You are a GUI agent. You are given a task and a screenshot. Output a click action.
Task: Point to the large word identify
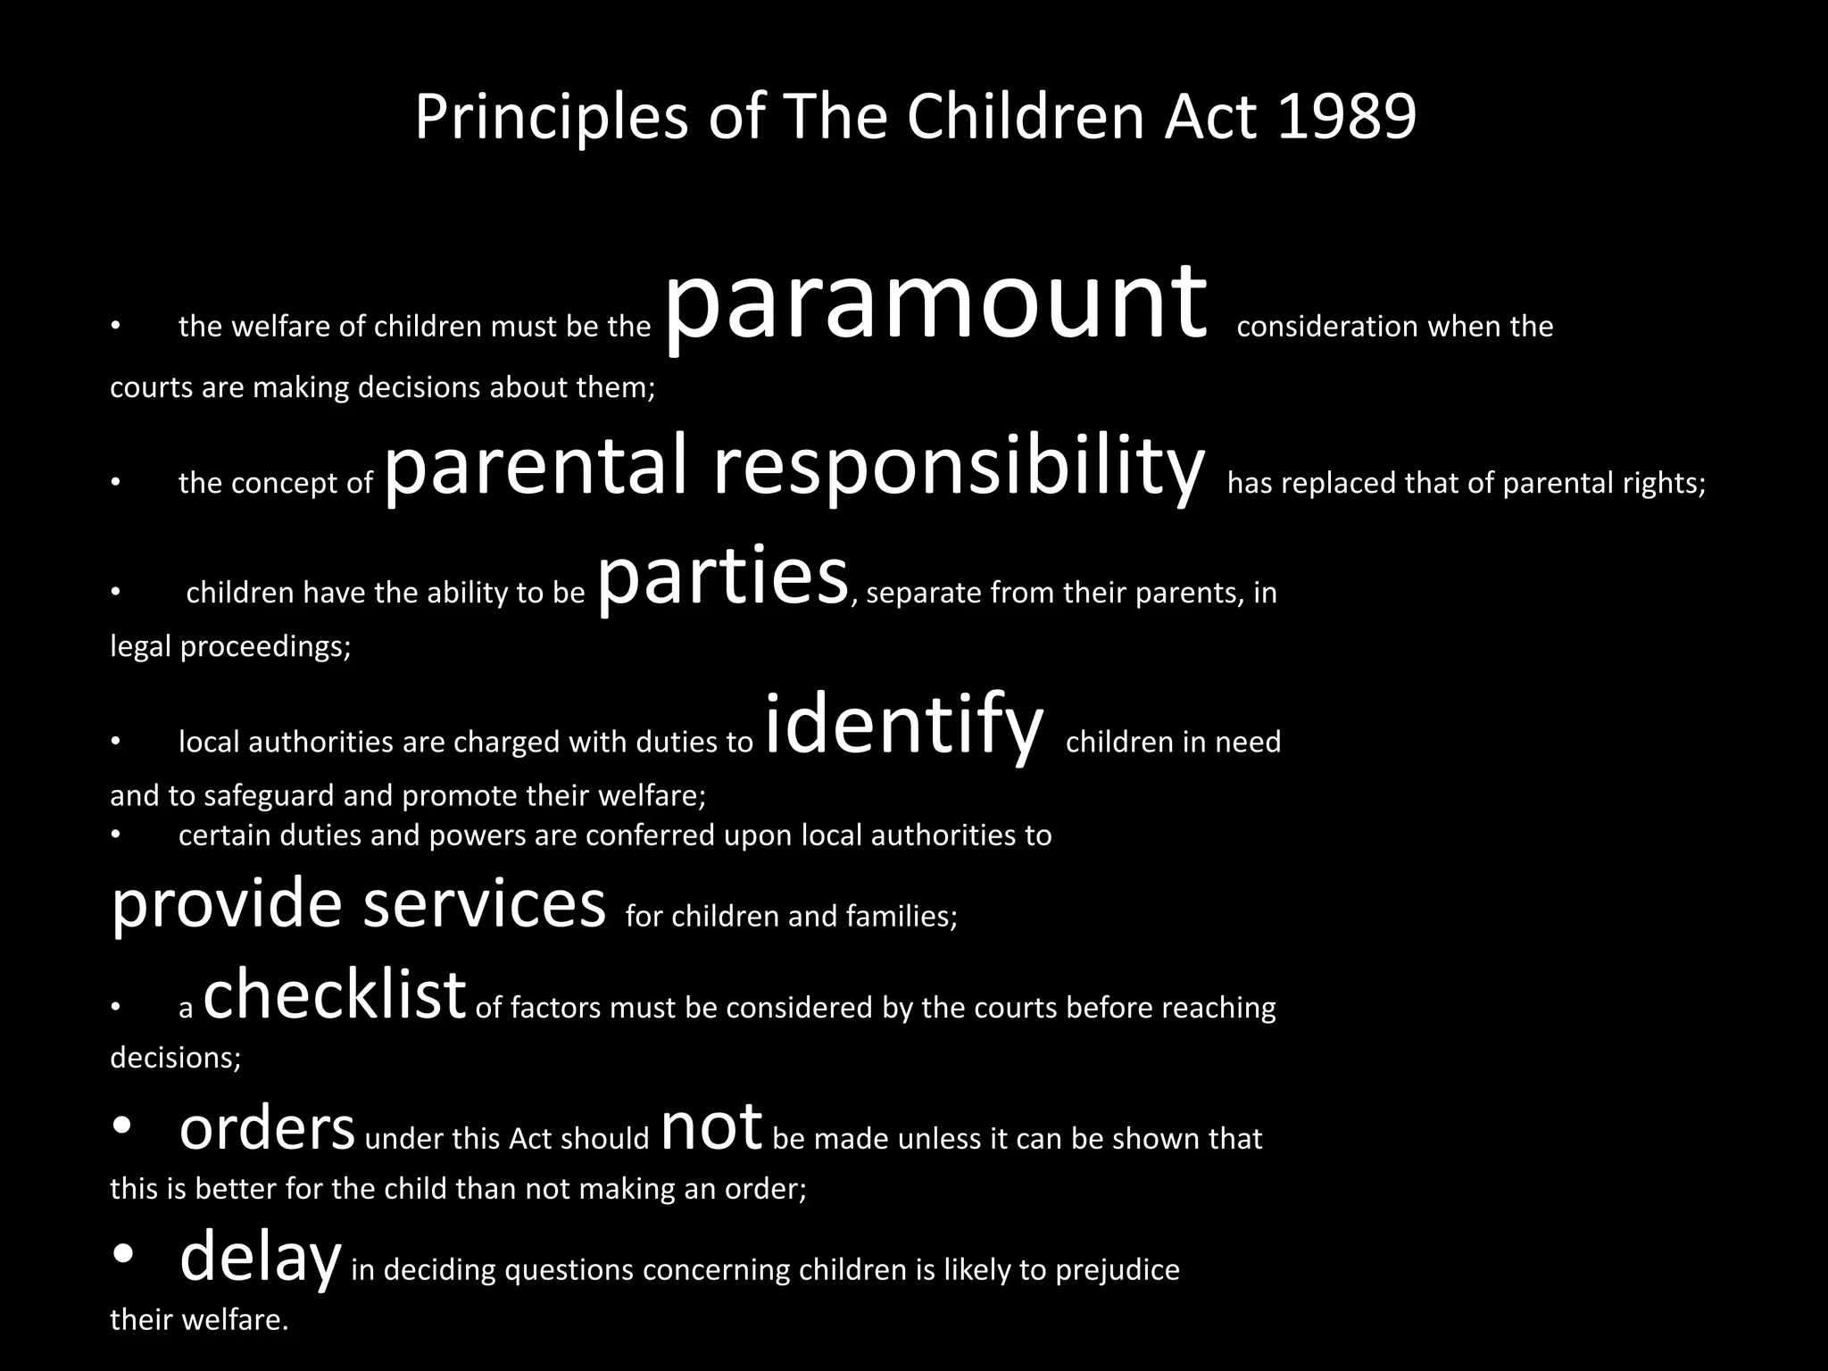pos(903,727)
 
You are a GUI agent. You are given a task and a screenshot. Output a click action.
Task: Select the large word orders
pos(267,1129)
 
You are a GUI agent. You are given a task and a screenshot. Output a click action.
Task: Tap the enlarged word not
pos(711,1127)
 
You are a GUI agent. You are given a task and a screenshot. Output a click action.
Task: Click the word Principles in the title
pos(551,117)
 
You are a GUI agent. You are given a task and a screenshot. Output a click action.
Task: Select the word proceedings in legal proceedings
pos(265,646)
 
